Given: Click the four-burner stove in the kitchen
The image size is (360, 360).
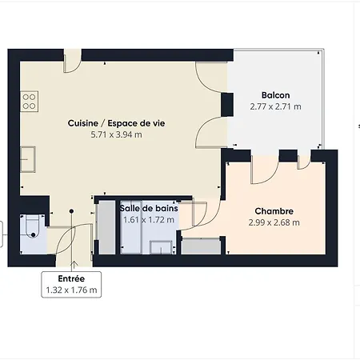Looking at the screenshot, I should [x=30, y=100].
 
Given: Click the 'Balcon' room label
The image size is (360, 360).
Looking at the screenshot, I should [x=274, y=94].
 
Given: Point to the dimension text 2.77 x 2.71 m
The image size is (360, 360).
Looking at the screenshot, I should [x=275, y=106].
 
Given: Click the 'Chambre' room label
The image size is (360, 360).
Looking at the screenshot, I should [x=274, y=210].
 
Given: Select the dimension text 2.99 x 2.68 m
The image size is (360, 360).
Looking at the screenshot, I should [x=274, y=222].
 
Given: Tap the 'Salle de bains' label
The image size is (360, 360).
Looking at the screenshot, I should [x=149, y=208].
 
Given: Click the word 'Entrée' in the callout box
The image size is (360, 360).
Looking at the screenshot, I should [x=71, y=278].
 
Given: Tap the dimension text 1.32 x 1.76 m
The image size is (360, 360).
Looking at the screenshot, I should [x=71, y=290].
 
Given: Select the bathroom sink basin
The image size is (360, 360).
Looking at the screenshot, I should [x=162, y=245].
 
